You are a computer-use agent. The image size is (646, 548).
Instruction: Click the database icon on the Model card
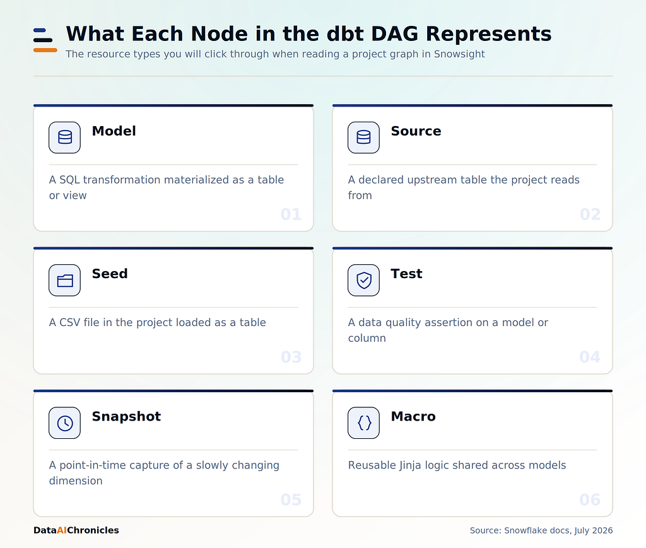point(65,137)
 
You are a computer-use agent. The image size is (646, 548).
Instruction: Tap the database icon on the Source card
point(363,137)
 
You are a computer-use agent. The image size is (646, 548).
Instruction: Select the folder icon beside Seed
point(65,281)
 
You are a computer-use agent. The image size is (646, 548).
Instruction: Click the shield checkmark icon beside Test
point(363,281)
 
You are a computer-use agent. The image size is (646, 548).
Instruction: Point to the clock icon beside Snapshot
point(65,423)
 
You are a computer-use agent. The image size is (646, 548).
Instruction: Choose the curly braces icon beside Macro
point(364,423)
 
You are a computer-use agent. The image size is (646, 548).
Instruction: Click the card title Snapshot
point(126,417)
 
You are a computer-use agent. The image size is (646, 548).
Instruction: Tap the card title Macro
point(413,416)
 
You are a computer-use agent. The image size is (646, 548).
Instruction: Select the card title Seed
point(110,274)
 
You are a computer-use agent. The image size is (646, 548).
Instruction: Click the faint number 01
point(291,214)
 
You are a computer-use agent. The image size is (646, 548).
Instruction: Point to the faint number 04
point(590,357)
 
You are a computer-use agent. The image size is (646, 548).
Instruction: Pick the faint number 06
point(590,500)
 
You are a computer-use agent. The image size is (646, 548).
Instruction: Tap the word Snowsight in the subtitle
point(459,54)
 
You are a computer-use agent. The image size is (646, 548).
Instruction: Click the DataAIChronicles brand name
point(76,530)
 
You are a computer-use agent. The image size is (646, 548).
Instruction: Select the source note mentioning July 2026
point(541,530)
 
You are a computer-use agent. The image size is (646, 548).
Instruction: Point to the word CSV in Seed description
point(69,322)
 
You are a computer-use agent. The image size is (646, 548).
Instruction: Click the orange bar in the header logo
point(45,50)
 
